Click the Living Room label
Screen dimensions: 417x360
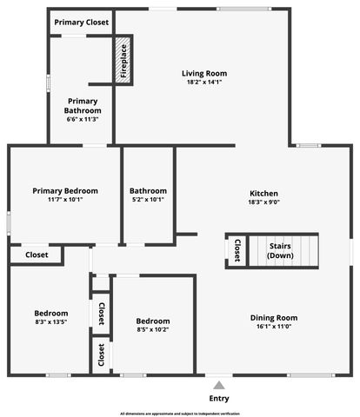click(x=204, y=73)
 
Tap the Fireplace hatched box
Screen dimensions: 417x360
click(x=123, y=62)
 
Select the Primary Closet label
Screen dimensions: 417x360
click(x=82, y=22)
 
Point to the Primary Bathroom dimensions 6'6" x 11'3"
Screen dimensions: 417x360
click(x=83, y=120)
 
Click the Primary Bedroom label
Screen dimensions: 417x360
click(x=65, y=190)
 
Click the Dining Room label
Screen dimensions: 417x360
click(x=274, y=317)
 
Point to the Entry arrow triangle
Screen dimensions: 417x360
click(x=220, y=383)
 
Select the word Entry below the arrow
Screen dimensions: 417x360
click(x=220, y=398)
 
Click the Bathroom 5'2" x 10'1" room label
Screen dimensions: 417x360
click(x=148, y=190)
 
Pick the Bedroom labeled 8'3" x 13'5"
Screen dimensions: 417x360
click(x=50, y=313)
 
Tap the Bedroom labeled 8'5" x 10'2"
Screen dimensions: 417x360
click(x=152, y=321)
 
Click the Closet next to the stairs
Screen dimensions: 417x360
click(x=237, y=250)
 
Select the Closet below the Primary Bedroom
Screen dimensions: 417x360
click(x=37, y=255)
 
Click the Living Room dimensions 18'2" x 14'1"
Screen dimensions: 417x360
click(x=204, y=83)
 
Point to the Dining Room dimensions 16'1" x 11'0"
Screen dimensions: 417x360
click(x=274, y=327)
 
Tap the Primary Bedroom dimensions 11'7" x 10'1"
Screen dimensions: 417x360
click(x=65, y=199)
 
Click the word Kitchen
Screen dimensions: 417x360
click(x=263, y=192)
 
